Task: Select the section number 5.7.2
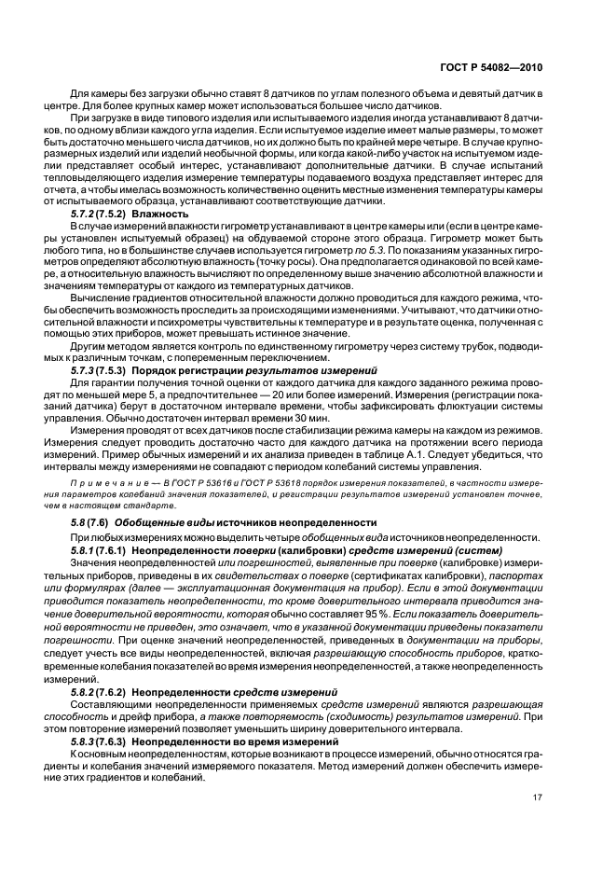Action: point(86,215)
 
